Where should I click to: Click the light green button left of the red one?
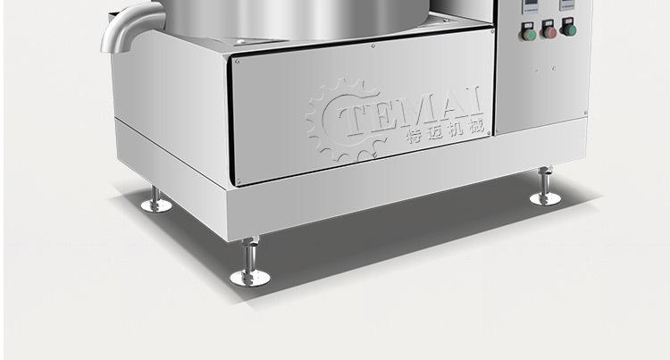[x=529, y=35]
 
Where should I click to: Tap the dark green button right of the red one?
[x=569, y=29]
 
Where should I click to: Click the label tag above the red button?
[x=548, y=22]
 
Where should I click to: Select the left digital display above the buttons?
[x=530, y=4]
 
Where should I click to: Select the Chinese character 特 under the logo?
[x=415, y=136]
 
